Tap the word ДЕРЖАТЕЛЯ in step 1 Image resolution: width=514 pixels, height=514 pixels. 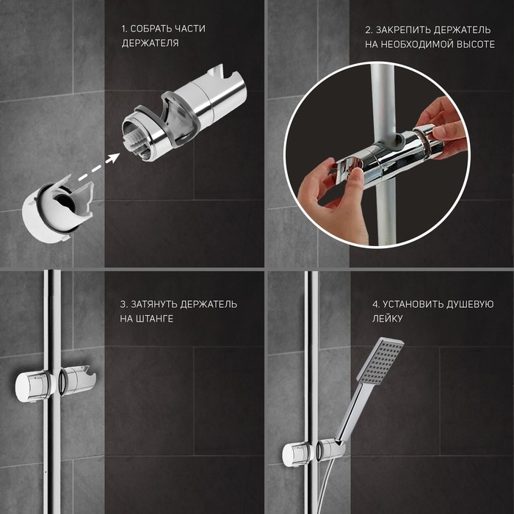click(150, 43)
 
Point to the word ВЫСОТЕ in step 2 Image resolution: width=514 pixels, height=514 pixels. click(475, 45)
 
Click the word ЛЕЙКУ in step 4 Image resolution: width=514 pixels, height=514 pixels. click(387, 319)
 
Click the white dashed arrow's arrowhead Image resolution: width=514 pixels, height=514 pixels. click(113, 158)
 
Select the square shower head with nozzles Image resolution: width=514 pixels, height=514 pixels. click(380, 361)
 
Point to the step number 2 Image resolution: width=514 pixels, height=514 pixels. click(368, 30)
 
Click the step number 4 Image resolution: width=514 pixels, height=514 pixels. click(376, 304)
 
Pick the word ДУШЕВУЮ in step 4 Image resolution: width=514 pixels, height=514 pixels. click(471, 304)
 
